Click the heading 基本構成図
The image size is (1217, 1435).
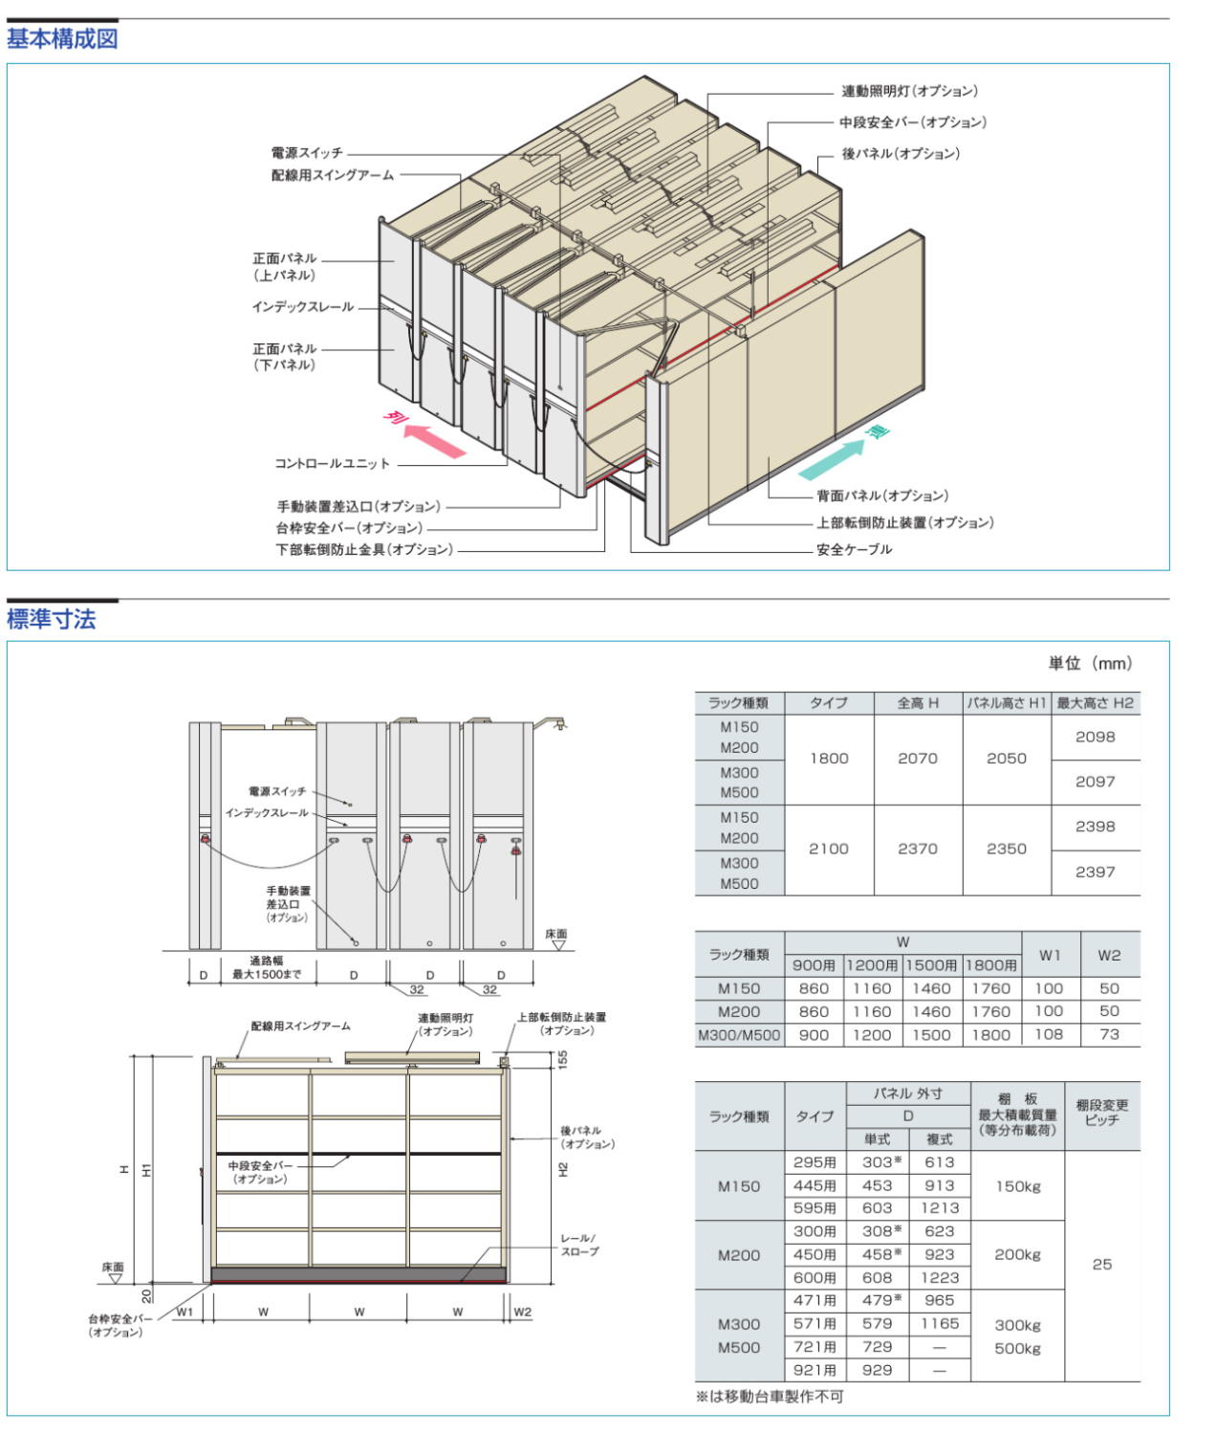click(x=62, y=39)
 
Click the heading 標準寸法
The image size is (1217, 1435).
click(x=52, y=619)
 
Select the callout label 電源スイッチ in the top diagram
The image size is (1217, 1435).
click(x=306, y=153)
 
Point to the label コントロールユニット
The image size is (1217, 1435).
click(x=333, y=464)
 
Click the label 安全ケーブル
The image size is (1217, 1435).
click(x=854, y=549)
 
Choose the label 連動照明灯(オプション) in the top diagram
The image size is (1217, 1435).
click(x=909, y=92)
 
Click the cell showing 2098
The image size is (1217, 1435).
click(x=1095, y=737)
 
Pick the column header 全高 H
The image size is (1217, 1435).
click(x=918, y=703)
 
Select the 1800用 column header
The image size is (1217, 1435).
click(x=991, y=965)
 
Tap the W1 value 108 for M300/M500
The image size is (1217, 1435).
click(x=1049, y=1034)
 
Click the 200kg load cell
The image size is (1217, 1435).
click(x=1017, y=1254)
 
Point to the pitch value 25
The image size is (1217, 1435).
click(x=1101, y=1264)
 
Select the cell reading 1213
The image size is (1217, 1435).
click(x=939, y=1208)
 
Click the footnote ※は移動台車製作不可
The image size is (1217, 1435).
click(x=770, y=1397)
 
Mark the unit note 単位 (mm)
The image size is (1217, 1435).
click(x=1089, y=663)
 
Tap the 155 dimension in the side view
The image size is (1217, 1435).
click(x=562, y=1059)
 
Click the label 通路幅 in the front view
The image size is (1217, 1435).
click(x=267, y=960)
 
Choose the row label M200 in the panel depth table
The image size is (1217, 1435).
click(x=739, y=1254)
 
